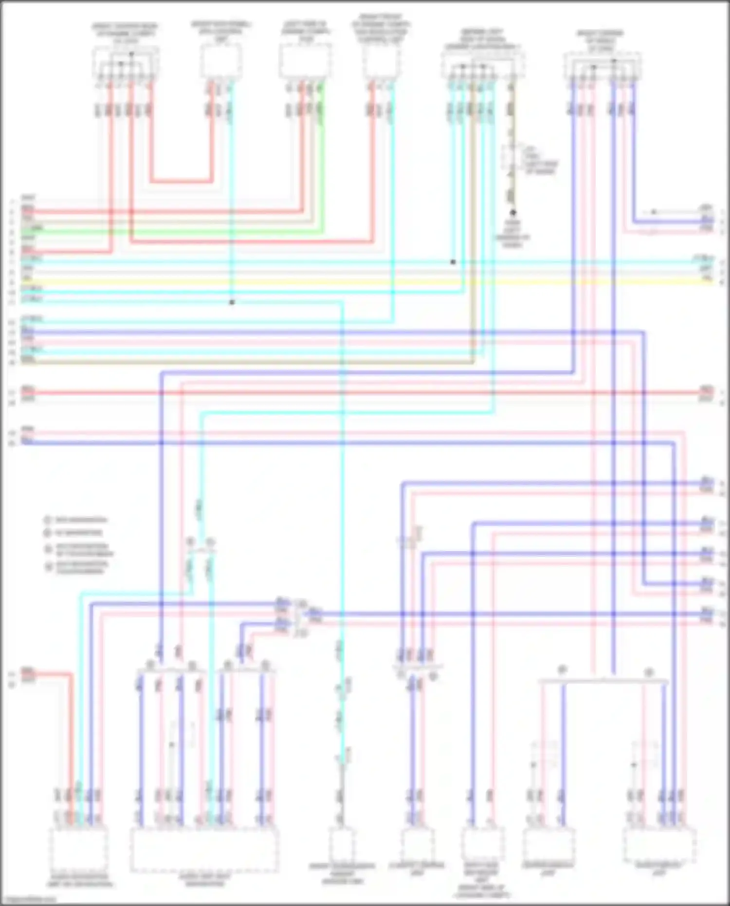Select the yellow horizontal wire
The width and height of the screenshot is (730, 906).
click(365, 282)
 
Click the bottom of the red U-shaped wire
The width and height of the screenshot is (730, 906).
click(182, 182)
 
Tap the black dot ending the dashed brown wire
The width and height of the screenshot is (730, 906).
click(512, 213)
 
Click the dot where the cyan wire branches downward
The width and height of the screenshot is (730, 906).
click(232, 302)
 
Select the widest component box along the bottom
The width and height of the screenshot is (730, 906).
click(204, 850)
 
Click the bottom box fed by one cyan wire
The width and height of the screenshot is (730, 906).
click(343, 845)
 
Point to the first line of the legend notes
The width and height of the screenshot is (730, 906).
click(80, 520)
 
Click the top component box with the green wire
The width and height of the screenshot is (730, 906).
click(305, 61)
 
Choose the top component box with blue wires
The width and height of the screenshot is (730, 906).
click(602, 66)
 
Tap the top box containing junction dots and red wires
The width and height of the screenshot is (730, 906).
click(125, 62)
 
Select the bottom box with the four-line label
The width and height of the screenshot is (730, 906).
click(482, 845)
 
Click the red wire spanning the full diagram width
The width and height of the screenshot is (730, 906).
click(365, 392)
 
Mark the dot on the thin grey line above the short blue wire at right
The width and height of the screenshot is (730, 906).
click(654, 212)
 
